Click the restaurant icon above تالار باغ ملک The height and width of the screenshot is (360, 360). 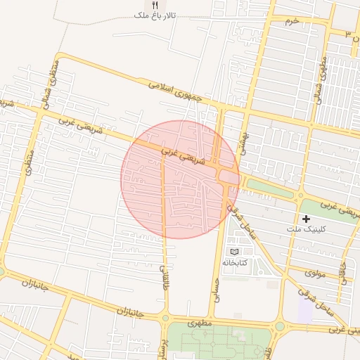(155, 5)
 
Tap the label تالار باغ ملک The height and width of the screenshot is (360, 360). (155, 15)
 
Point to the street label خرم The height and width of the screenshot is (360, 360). (292, 20)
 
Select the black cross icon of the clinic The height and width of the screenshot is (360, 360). (306, 219)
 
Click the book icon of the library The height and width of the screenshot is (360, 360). (234, 251)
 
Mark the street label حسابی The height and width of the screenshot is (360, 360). (217, 285)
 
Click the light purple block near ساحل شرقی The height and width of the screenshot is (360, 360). (306, 308)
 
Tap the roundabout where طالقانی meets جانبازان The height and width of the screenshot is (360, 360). (165, 318)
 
